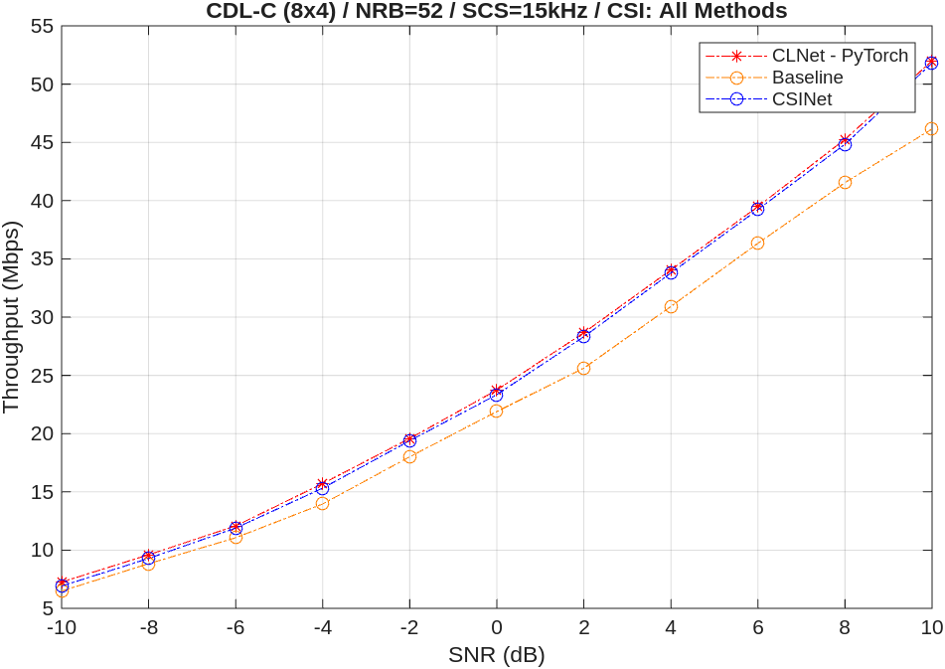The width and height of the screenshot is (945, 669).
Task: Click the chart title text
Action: pyautogui.click(x=496, y=11)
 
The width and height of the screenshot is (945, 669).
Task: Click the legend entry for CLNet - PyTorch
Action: pyautogui.click(x=840, y=56)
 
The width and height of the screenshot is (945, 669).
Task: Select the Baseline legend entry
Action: pyautogui.click(x=807, y=78)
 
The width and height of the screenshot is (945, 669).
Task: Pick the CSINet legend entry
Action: pyautogui.click(x=801, y=99)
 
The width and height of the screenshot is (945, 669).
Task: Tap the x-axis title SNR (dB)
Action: pyautogui.click(x=496, y=655)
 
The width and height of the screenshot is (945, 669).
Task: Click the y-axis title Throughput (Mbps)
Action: pyautogui.click(x=12, y=317)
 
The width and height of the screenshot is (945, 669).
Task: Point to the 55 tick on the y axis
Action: pyautogui.click(x=42, y=27)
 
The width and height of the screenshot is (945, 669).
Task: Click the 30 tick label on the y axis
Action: pyautogui.click(x=42, y=317)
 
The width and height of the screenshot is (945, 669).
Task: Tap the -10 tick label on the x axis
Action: pyautogui.click(x=62, y=628)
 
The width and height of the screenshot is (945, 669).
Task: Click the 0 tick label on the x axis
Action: pyautogui.click(x=496, y=628)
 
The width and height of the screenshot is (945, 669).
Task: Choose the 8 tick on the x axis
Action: pyautogui.click(x=845, y=628)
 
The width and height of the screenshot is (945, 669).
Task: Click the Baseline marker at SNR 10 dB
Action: pyautogui.click(x=931, y=128)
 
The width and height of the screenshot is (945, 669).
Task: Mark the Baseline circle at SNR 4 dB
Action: pyautogui.click(x=671, y=306)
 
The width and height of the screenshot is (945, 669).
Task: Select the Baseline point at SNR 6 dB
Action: pyautogui.click(x=757, y=243)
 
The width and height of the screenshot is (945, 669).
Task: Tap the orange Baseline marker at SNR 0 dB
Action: pyautogui.click(x=496, y=411)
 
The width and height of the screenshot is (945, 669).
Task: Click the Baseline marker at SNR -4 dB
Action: pyautogui.click(x=322, y=503)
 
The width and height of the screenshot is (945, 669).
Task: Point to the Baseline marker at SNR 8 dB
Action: pyautogui.click(x=845, y=182)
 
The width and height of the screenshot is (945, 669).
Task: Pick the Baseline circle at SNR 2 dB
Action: pyautogui.click(x=583, y=368)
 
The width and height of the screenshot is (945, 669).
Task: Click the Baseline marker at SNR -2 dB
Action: pyautogui.click(x=409, y=456)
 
